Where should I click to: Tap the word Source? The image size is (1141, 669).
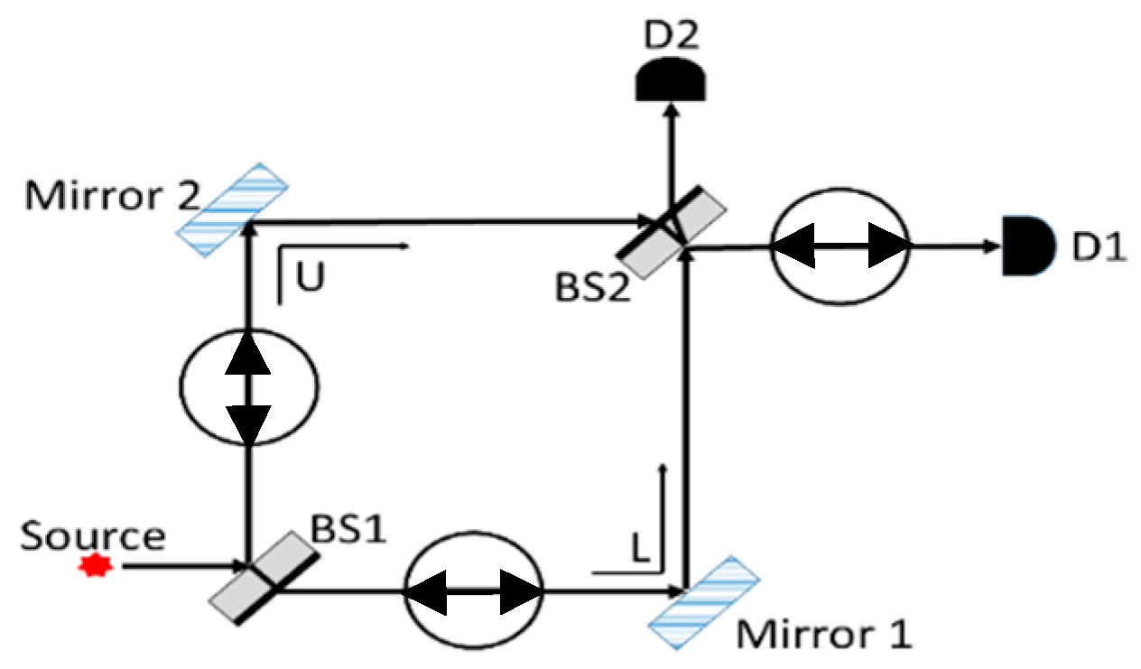click(93, 535)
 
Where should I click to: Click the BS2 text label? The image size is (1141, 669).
click(592, 290)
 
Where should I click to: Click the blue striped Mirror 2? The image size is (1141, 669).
click(233, 209)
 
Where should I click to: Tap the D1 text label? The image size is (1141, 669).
click(1099, 246)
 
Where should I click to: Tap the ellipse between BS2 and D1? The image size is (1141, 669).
click(840, 246)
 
